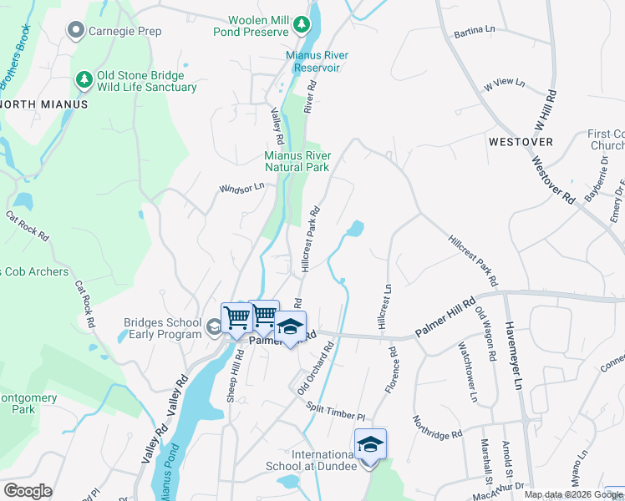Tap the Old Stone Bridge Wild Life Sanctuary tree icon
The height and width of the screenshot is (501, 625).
84,80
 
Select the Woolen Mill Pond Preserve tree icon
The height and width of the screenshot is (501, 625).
302,26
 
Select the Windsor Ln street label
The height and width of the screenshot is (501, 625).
241,188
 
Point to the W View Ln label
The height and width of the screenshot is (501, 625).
504,83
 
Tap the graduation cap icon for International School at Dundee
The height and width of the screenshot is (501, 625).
370,444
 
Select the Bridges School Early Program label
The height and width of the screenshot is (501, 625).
163,328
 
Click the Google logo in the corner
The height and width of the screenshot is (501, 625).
28,490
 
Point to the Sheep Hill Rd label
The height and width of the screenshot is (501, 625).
234,377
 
